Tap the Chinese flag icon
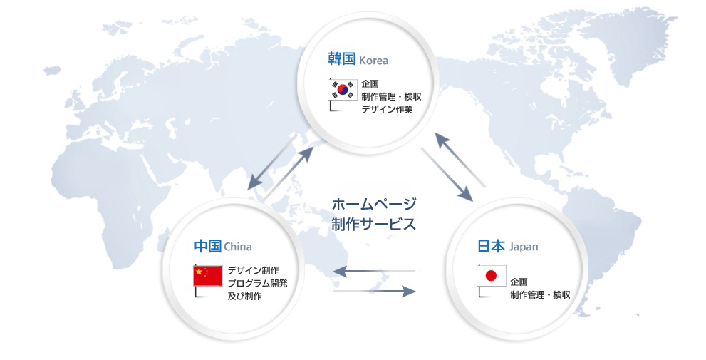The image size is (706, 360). pos(207,276)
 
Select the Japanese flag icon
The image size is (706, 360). pos(492,276)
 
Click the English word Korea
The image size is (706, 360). pos(373,61)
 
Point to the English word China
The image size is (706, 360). pos(238,247)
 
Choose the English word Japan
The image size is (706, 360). pos(524,247)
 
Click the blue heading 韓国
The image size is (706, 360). pos(342,59)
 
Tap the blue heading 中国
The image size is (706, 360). pos(207,246)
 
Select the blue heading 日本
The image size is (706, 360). pos(491,246)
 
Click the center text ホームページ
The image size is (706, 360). pos(374,205)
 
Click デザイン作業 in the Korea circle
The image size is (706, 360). pos(387,109)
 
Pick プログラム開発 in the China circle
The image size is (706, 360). pos(258,283)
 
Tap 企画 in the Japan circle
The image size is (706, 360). pos(519,282)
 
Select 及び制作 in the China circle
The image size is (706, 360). pos(244,296)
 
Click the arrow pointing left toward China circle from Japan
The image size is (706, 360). pos(374,271)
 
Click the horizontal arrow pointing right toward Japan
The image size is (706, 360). pos(375,291)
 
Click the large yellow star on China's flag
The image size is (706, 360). pos(199,272)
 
